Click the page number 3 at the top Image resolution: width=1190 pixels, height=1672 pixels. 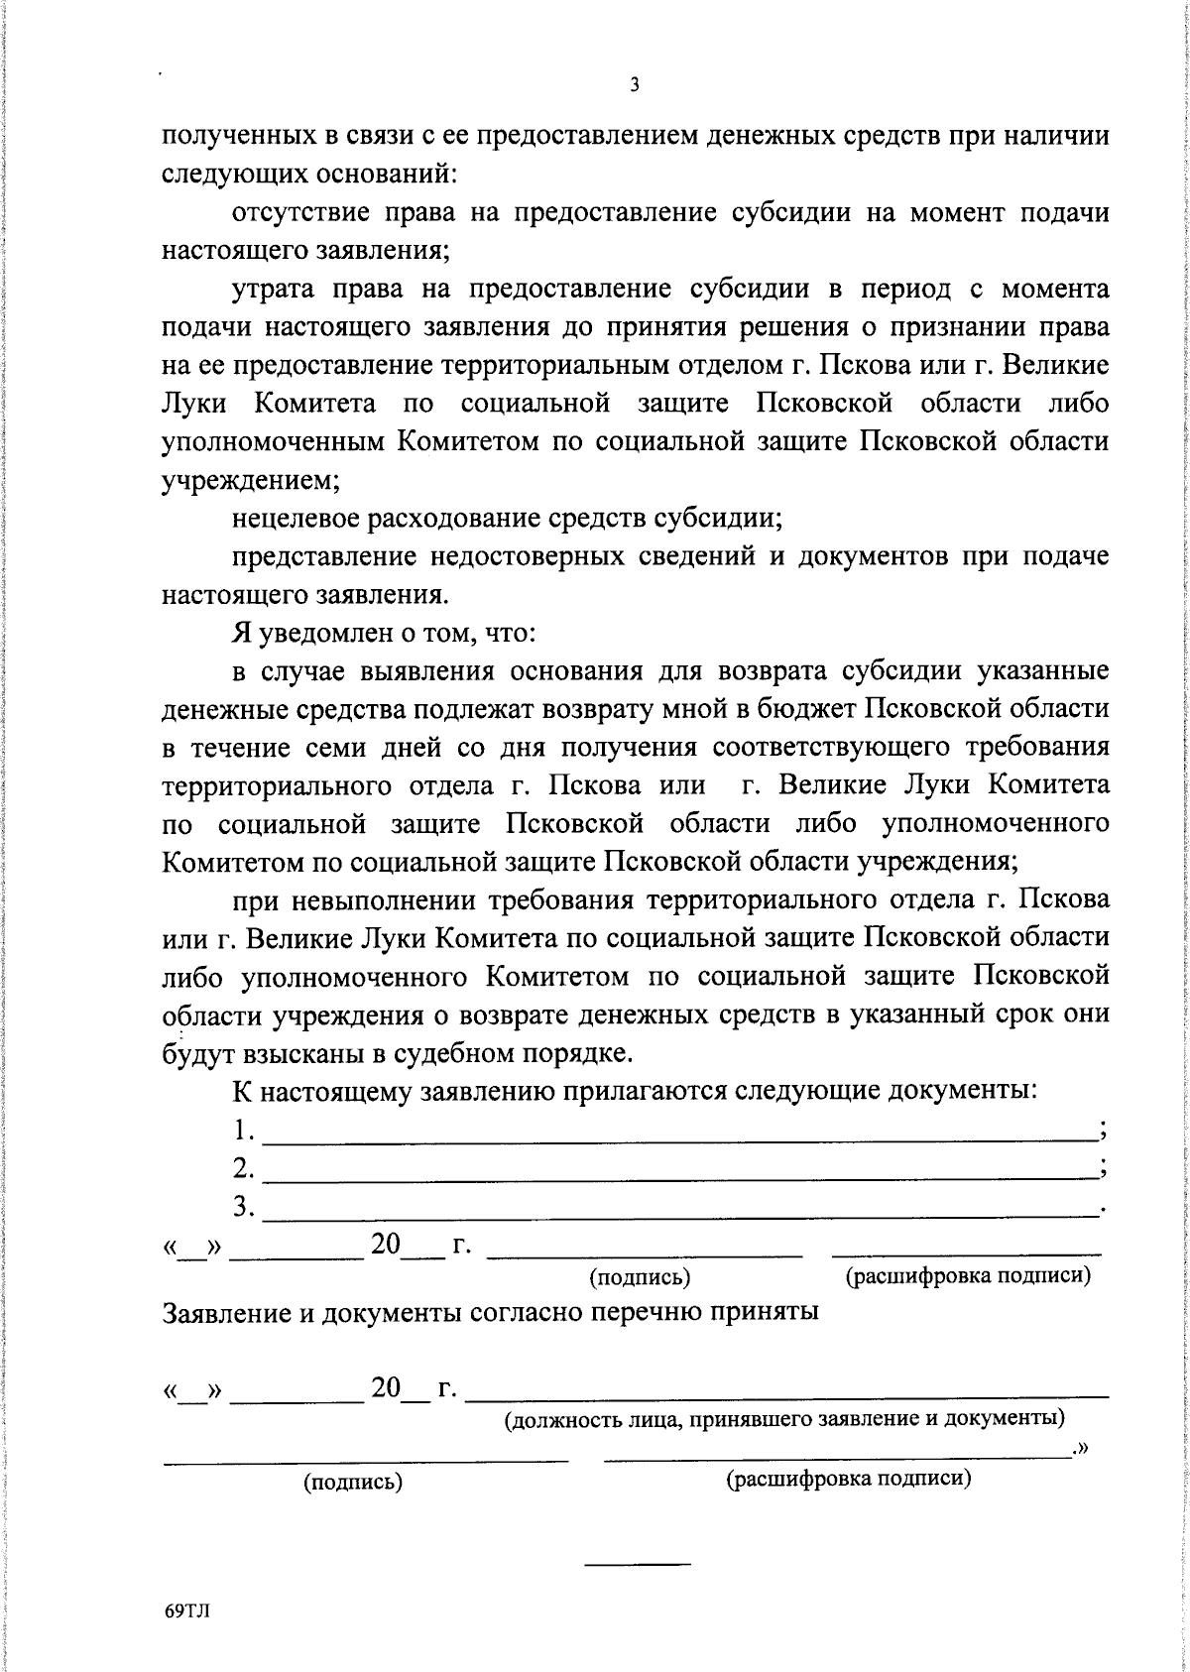[635, 85]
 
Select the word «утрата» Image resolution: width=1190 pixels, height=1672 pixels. [273, 290]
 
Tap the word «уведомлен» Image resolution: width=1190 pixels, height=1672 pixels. [321, 633]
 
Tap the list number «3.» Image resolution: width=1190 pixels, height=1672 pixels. [244, 1208]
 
